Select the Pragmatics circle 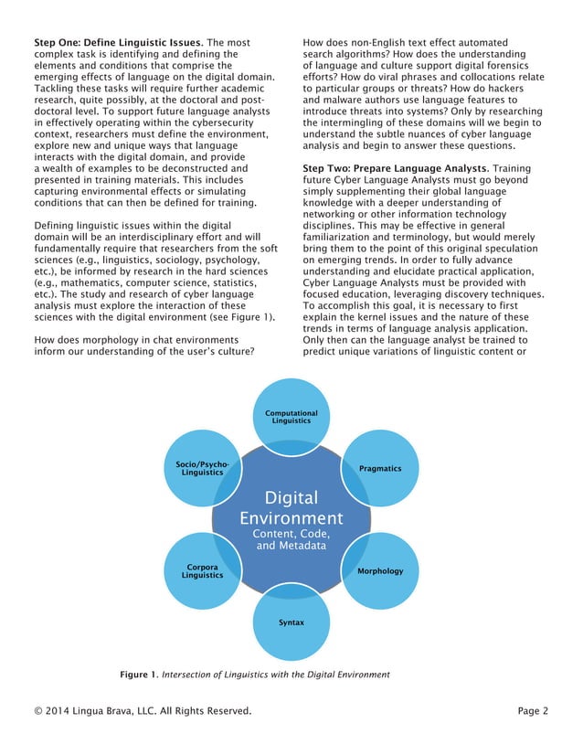tap(380, 468)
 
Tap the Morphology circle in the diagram tap(380, 570)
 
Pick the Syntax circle tap(291, 622)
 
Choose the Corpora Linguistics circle tap(202, 570)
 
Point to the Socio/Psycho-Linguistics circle tap(202, 468)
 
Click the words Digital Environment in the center tap(291, 508)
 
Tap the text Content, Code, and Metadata tap(291, 539)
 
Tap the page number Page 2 tap(532, 710)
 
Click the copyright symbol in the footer tap(38, 710)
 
